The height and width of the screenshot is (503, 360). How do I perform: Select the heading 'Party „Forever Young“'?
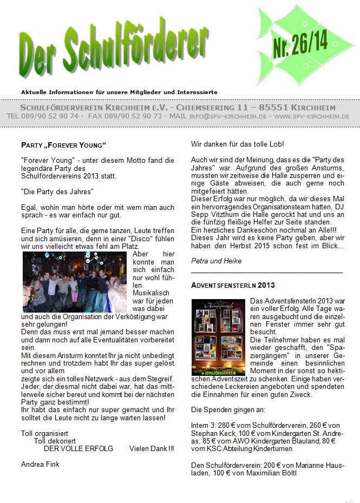click(63, 145)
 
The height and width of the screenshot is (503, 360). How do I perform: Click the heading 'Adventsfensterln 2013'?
click(233, 285)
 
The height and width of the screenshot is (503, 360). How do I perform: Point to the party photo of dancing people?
click(75, 282)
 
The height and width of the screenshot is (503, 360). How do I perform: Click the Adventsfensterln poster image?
click(218, 337)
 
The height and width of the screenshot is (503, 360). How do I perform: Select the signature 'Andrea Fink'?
click(40, 464)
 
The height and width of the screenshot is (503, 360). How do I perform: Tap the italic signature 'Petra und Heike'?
click(217, 261)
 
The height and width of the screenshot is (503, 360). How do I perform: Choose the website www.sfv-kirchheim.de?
click(311, 116)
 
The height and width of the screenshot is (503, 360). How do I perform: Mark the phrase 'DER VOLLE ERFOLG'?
click(78, 448)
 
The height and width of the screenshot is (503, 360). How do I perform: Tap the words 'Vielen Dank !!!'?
click(152, 448)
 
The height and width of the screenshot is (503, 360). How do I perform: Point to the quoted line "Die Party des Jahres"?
click(58, 192)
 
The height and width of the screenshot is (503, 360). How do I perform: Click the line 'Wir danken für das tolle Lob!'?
click(238, 144)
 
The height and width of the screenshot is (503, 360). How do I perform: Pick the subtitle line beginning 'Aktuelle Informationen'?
click(119, 92)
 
